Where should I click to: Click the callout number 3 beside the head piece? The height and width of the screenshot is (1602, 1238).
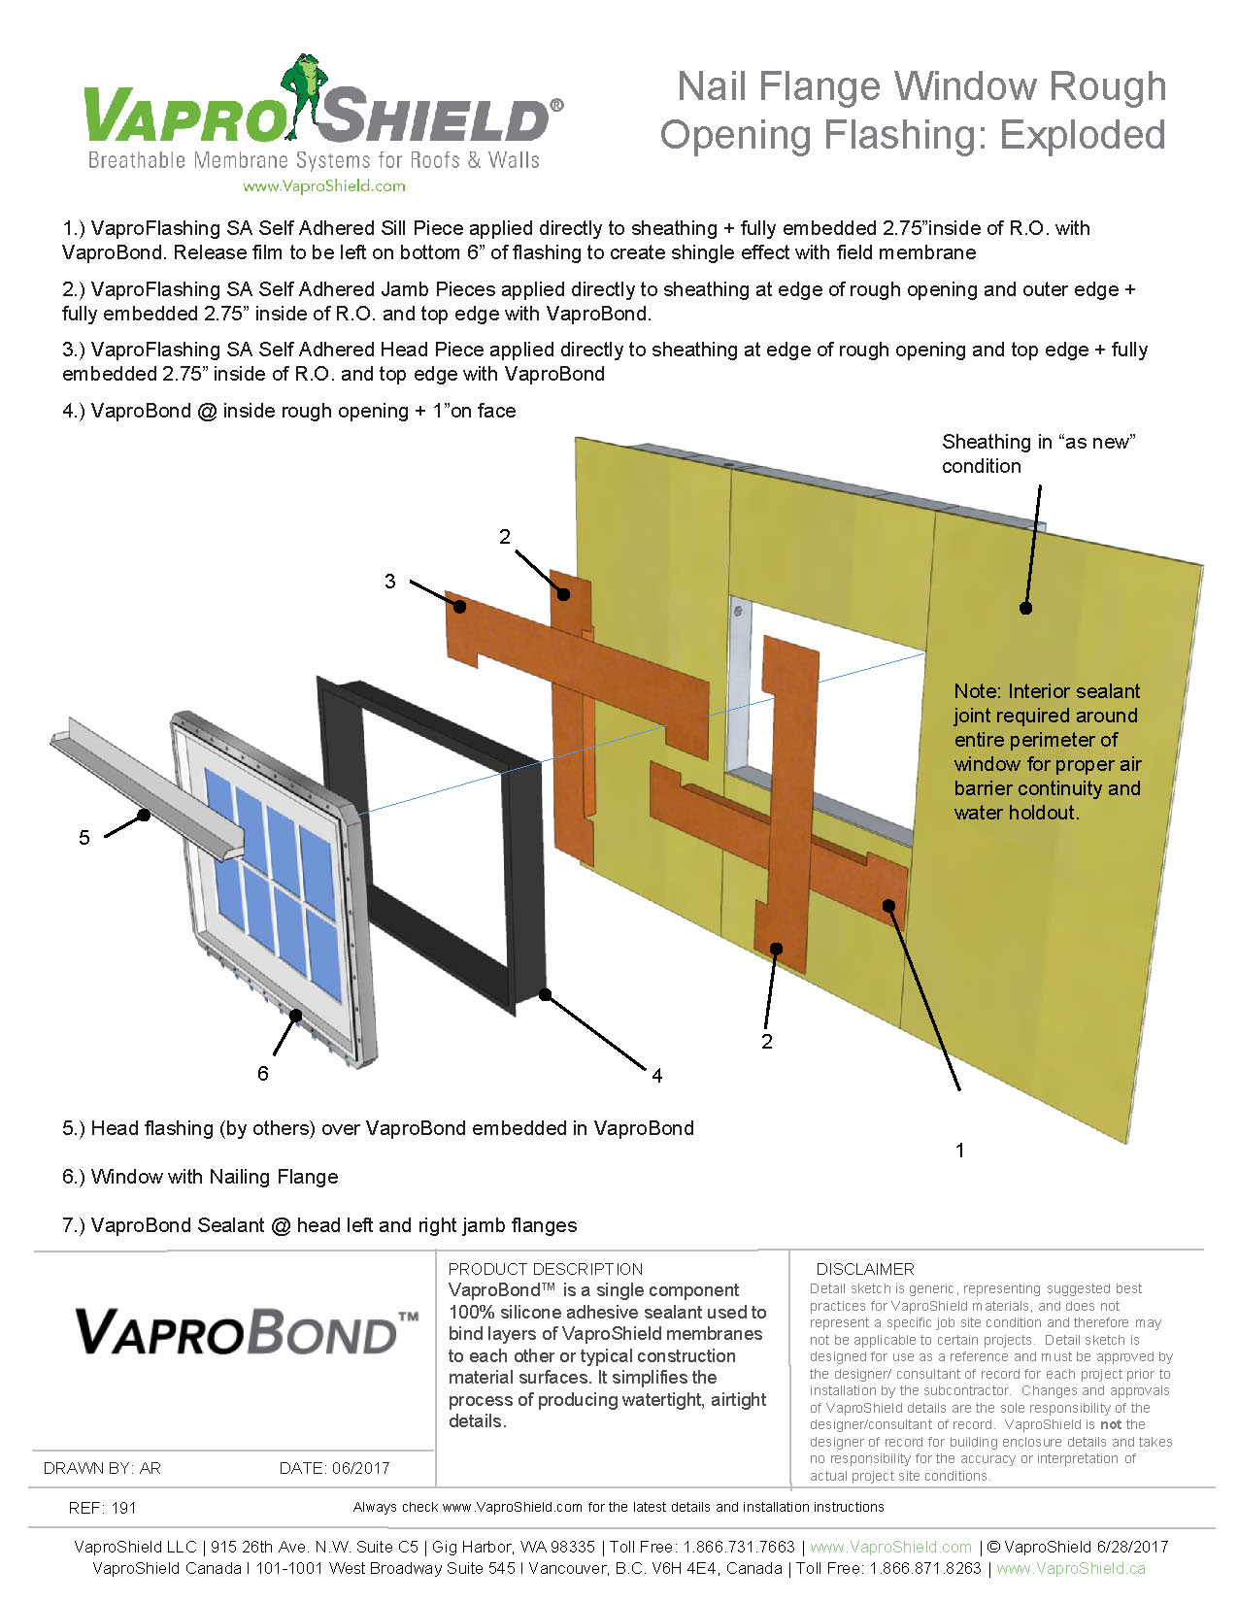click(390, 582)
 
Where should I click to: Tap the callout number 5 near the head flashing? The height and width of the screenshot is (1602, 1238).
click(84, 838)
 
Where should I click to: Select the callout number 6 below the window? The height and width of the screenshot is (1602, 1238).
click(262, 1073)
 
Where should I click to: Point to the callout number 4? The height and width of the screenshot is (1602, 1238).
click(657, 1076)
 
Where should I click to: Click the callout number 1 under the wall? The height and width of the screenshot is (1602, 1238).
click(960, 1151)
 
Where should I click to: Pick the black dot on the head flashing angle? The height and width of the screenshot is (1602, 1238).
click(144, 815)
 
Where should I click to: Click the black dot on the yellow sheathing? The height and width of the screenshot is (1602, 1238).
click(1025, 608)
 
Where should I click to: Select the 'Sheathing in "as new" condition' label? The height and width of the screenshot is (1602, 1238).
click(1038, 453)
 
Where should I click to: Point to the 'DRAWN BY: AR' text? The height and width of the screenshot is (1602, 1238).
click(102, 1468)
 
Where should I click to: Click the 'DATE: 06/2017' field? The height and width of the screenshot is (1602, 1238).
click(334, 1468)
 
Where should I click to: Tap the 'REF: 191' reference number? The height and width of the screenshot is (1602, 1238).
click(103, 1508)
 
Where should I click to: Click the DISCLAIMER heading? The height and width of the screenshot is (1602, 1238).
click(864, 1269)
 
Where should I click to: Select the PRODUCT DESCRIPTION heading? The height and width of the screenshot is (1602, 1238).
click(545, 1269)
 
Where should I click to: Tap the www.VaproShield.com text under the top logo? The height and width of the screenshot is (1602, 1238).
click(323, 186)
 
